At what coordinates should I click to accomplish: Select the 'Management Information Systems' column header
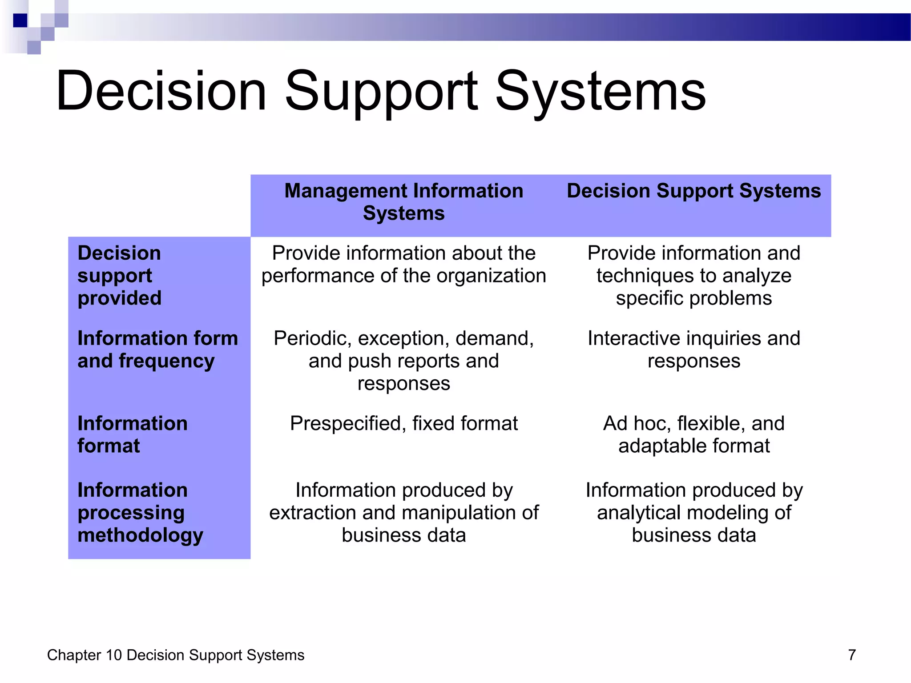pyautogui.click(x=403, y=202)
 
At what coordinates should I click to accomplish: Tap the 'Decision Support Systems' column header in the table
pyautogui.click(x=693, y=191)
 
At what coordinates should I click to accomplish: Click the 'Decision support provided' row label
pyautogui.click(x=119, y=275)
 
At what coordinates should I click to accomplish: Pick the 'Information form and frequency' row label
pyautogui.click(x=157, y=350)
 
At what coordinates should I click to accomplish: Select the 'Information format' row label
pyautogui.click(x=132, y=434)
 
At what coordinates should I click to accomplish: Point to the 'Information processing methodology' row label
pyautogui.click(x=140, y=512)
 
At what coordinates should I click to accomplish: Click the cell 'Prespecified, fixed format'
pyautogui.click(x=403, y=423)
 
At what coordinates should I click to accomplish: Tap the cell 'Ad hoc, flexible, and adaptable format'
pyautogui.click(x=693, y=434)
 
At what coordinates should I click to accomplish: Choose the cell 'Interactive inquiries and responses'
pyautogui.click(x=693, y=350)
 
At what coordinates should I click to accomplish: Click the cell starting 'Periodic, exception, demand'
pyautogui.click(x=403, y=361)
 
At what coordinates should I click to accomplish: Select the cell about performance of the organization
pyautogui.click(x=403, y=264)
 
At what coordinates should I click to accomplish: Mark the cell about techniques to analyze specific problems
pyautogui.click(x=693, y=275)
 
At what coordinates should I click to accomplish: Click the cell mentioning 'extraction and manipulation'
pyautogui.click(x=403, y=512)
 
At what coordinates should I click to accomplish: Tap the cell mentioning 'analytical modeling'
pyautogui.click(x=693, y=512)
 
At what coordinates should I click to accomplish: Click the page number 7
pyautogui.click(x=852, y=655)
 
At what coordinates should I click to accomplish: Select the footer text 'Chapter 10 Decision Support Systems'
pyautogui.click(x=176, y=655)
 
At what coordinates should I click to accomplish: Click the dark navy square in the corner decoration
pyautogui.click(x=20, y=20)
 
